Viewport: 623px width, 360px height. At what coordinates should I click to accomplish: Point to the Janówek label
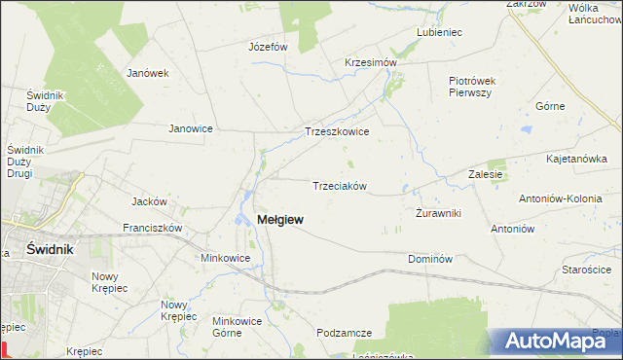tap(148, 72)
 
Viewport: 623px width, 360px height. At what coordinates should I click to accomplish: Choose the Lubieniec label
tap(439, 32)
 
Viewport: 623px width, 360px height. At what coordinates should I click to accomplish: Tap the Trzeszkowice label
tap(337, 131)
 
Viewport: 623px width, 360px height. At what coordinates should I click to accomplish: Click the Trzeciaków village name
tap(339, 186)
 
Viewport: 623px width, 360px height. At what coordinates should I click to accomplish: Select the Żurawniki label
tap(438, 213)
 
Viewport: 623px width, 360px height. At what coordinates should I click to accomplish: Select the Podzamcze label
tap(345, 333)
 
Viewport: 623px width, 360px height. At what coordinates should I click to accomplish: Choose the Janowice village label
tap(191, 127)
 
